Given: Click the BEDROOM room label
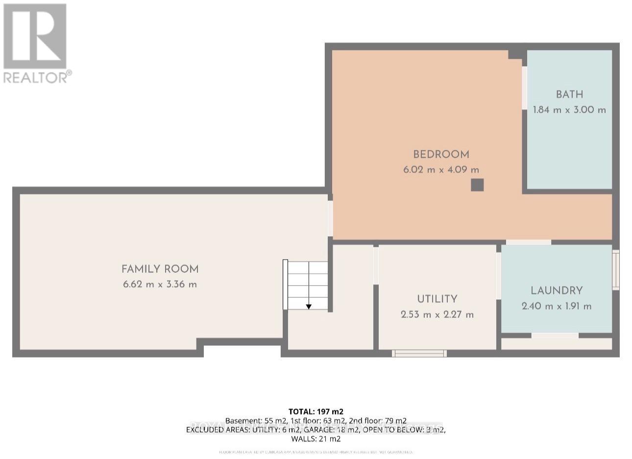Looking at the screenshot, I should pyautogui.click(x=441, y=154).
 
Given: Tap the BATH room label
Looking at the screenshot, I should pyautogui.click(x=569, y=94).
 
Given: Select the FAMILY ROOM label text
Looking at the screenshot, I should pyautogui.click(x=160, y=269).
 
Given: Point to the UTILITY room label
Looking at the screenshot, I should pyautogui.click(x=437, y=299).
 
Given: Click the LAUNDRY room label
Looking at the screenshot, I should pyautogui.click(x=557, y=290).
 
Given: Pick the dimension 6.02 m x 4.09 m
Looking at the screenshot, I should pyautogui.click(x=441, y=170).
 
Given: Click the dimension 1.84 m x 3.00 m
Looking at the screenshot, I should pyautogui.click(x=569, y=110).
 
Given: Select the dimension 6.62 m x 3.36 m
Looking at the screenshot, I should pyautogui.click(x=160, y=284).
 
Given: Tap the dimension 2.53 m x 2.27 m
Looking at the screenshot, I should pyautogui.click(x=437, y=314).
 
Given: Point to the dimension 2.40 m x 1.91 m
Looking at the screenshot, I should pyautogui.click(x=557, y=306).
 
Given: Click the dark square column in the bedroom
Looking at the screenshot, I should pyautogui.click(x=477, y=185).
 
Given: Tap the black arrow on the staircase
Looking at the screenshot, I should pyautogui.click(x=309, y=306).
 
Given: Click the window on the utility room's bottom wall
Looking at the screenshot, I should pyautogui.click(x=419, y=353).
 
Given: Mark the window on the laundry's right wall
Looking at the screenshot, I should pyautogui.click(x=616, y=269).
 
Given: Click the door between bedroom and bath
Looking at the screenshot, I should pyautogui.click(x=524, y=88).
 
